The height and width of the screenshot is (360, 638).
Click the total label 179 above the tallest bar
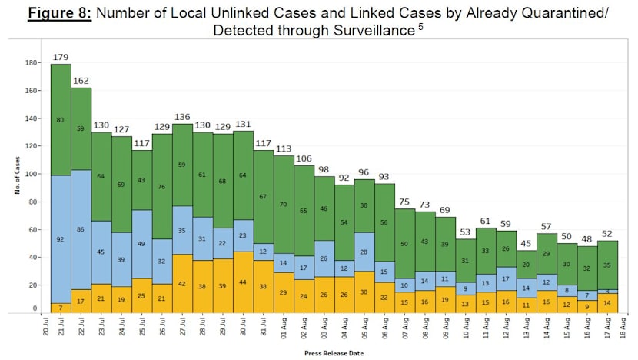tap(61, 57)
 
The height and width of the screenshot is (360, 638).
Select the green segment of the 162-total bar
tap(81, 128)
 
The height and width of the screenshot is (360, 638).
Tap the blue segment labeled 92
tap(61, 239)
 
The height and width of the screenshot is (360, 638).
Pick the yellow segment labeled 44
tap(243, 282)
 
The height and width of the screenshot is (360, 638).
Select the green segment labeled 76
tap(162, 186)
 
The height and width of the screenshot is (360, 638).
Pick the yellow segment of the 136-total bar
tap(182, 283)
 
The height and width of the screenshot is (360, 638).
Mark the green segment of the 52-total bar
tap(608, 264)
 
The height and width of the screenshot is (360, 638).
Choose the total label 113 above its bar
tap(284, 148)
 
